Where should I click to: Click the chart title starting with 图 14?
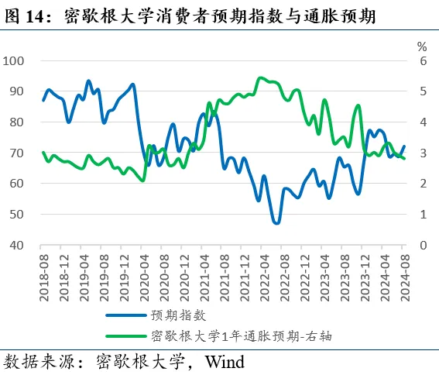(190, 15)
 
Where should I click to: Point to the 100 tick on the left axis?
(15, 60)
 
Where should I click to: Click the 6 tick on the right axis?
(423, 60)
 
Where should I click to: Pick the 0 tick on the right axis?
(423, 245)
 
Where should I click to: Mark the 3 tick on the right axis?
(423, 153)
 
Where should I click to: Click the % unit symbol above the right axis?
(421, 46)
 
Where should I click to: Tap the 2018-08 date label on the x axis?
(43, 274)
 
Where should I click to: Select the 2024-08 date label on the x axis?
(404, 274)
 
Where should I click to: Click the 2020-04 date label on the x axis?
(143, 274)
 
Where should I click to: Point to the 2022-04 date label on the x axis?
(263, 274)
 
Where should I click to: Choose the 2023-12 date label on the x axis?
(364, 274)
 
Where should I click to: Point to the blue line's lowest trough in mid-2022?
(276, 222)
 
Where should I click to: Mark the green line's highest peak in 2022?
(260, 77)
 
